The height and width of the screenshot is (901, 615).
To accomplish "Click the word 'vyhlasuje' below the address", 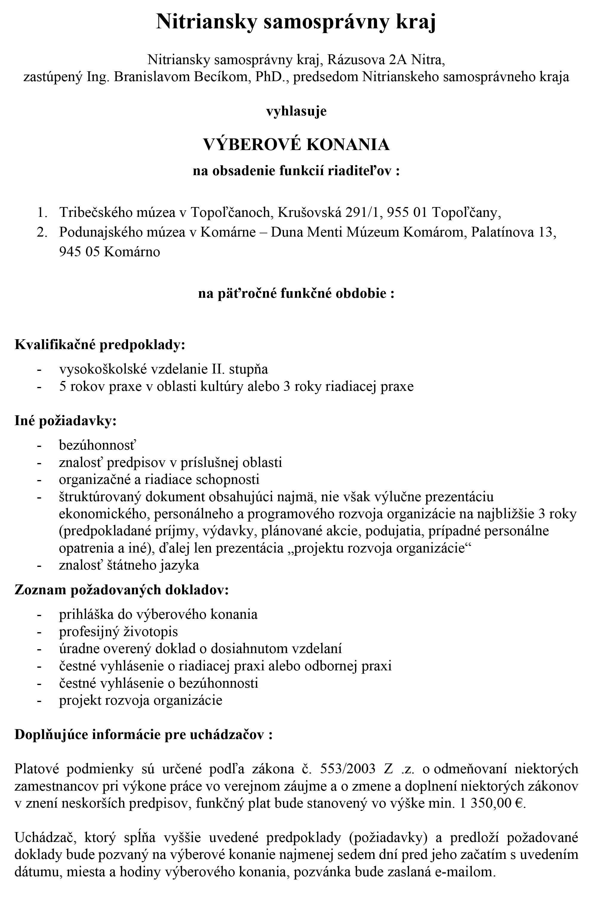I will pyautogui.click(x=296, y=112).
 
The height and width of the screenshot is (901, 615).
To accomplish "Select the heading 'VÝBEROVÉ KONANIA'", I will pyautogui.click(x=296, y=145).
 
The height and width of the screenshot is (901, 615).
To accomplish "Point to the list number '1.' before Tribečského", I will pyautogui.click(x=42, y=212).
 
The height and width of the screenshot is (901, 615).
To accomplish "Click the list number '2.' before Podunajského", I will pyautogui.click(x=42, y=232).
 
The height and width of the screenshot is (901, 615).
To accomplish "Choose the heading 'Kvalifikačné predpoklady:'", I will pyautogui.click(x=100, y=345).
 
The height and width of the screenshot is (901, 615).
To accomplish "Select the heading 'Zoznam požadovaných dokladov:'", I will pyautogui.click(x=122, y=590).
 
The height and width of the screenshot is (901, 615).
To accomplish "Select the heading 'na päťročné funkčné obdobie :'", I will pyautogui.click(x=296, y=294).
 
